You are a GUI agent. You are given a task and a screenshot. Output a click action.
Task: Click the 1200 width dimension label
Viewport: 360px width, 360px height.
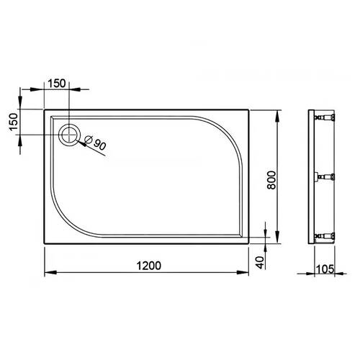[146, 265]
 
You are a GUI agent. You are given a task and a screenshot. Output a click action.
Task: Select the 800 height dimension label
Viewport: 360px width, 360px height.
[271, 176]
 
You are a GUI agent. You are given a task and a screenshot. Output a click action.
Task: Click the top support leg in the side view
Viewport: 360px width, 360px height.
[328, 117]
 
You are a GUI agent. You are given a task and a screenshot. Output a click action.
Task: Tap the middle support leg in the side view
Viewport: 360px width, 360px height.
[328, 176]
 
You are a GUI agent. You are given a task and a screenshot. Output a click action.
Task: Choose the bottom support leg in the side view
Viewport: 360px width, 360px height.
[328, 234]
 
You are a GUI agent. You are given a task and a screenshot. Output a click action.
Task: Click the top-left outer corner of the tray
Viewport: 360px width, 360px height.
[45, 110]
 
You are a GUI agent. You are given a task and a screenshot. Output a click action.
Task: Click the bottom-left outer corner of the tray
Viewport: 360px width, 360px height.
[45, 243]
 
